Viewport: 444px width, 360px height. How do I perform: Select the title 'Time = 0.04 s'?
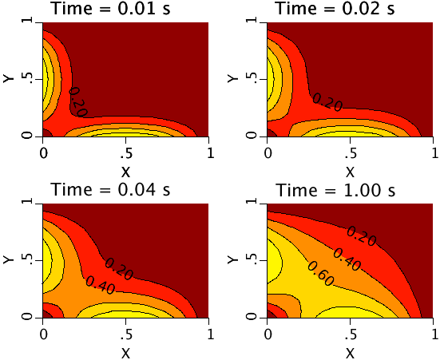[x=111, y=190]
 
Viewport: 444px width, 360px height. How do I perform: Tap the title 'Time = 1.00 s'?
[x=335, y=190]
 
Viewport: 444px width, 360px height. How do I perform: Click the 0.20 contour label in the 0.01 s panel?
[x=77, y=101]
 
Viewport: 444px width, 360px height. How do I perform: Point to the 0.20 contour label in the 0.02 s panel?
[x=327, y=101]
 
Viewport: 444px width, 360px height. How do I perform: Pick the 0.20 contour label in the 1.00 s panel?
[x=361, y=235]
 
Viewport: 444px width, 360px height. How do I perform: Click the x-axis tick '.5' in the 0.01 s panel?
[x=125, y=152]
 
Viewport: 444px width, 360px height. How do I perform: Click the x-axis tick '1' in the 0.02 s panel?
[x=434, y=152]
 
